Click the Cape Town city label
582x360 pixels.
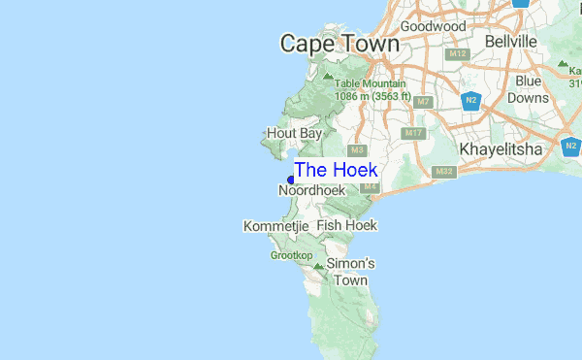tap(339, 44)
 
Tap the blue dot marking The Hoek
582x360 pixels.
tap(291, 179)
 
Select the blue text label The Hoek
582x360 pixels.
tap(336, 170)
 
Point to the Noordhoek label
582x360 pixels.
tap(312, 191)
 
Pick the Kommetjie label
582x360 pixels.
tap(275, 226)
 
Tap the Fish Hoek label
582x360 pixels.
tap(346, 225)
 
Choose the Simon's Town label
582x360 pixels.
tap(350, 272)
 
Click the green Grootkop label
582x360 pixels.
tap(291, 255)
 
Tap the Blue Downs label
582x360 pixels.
tap(529, 89)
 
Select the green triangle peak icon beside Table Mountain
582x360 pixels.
tap(328, 75)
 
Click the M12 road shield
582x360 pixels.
tap(458, 53)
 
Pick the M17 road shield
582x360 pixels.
tap(414, 133)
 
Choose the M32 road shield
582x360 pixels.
tap(444, 172)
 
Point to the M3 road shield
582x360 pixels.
tap(357, 150)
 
